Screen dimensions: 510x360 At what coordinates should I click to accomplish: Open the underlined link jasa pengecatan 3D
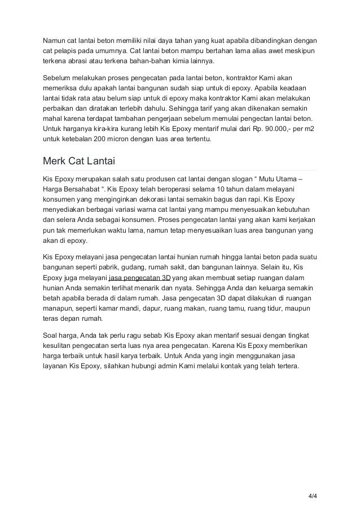point(139,278)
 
